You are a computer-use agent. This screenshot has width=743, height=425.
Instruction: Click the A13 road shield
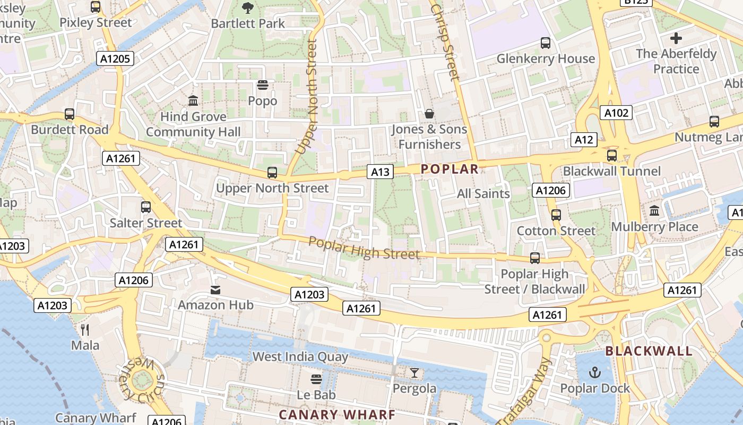click(380, 172)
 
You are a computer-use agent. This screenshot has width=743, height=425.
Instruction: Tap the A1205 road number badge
click(115, 58)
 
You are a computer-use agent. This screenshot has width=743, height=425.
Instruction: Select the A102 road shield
click(616, 113)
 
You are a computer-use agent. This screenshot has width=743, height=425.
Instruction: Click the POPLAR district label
click(450, 169)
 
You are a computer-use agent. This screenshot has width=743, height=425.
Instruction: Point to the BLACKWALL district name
click(649, 351)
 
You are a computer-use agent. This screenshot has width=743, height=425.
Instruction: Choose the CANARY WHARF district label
click(337, 414)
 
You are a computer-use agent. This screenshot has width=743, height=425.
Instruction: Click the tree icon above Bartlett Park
click(247, 7)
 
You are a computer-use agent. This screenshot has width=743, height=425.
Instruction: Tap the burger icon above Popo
click(262, 85)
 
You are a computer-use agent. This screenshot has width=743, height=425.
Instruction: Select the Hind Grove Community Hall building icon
click(193, 100)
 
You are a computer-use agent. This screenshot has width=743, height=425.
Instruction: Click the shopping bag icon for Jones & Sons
click(429, 114)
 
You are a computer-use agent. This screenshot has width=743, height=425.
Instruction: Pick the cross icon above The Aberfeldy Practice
click(676, 38)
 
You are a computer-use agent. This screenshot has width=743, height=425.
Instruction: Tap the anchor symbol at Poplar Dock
click(595, 372)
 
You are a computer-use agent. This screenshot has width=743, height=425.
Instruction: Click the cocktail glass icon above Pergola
click(414, 373)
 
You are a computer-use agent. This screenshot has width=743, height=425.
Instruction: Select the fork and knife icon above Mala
click(85, 329)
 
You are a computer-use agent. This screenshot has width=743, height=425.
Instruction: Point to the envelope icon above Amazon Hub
click(215, 290)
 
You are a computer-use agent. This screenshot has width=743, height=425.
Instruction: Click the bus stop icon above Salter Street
click(146, 207)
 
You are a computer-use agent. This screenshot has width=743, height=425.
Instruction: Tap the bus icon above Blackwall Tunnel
click(611, 156)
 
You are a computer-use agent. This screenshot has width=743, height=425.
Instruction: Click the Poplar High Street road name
click(364, 248)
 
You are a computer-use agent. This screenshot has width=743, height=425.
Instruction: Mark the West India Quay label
click(300, 356)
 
